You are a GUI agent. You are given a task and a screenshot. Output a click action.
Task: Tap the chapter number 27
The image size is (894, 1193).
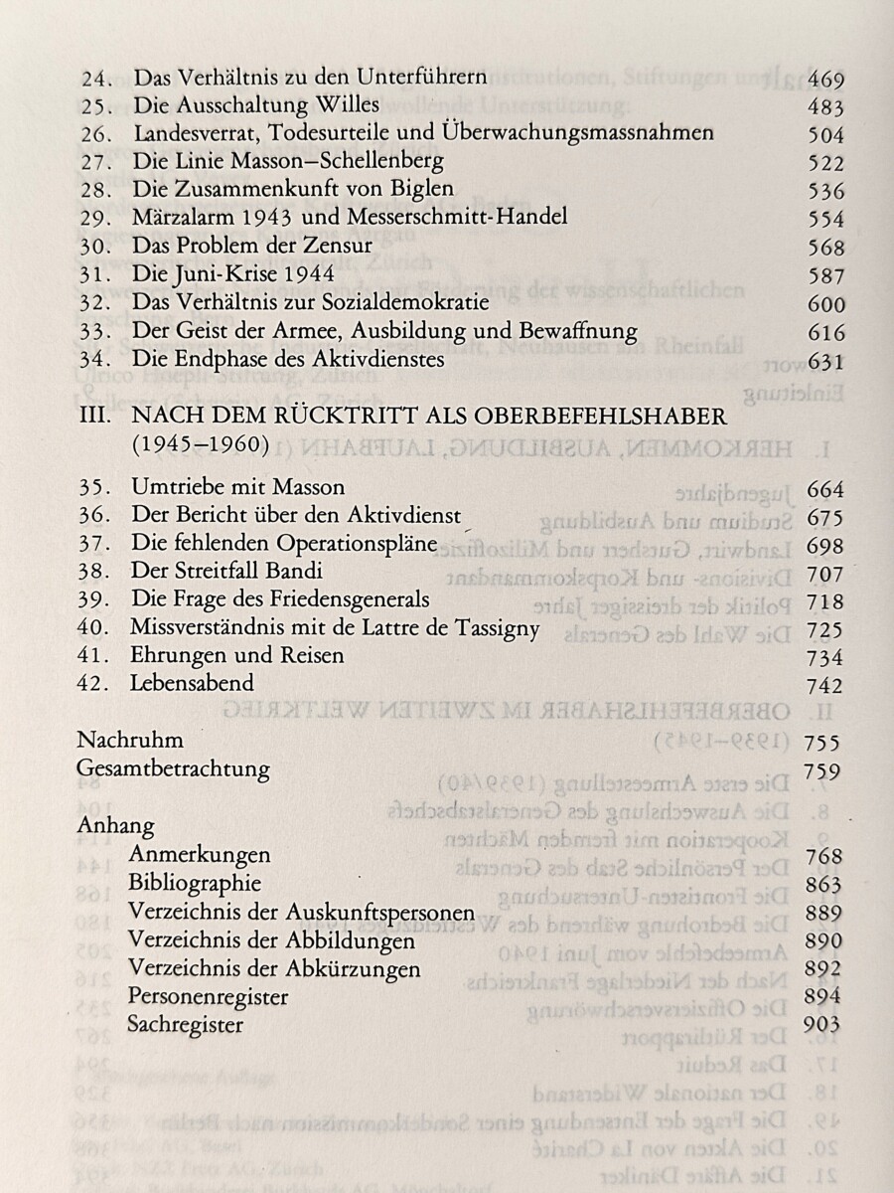click(94, 162)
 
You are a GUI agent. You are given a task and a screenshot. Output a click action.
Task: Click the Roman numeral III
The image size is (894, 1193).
click(95, 415)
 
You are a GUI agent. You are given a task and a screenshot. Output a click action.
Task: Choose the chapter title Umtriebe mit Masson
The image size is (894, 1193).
click(238, 488)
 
